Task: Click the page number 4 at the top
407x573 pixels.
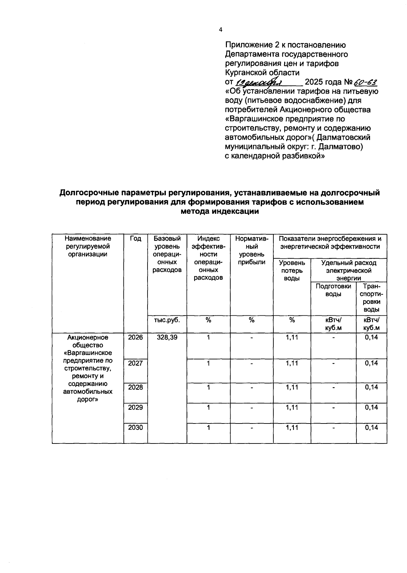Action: (x=220, y=30)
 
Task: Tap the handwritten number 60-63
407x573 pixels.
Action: (x=365, y=82)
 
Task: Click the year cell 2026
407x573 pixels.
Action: (x=135, y=337)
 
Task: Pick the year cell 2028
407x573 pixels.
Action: (x=135, y=387)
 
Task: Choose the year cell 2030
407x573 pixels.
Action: (x=135, y=428)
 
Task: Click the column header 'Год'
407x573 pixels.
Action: (x=135, y=239)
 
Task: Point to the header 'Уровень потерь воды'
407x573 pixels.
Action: (x=292, y=270)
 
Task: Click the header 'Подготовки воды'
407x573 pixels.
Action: (x=333, y=290)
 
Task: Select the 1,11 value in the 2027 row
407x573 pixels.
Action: (x=292, y=363)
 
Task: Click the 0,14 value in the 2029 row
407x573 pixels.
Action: (x=371, y=407)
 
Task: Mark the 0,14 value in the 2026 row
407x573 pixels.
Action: (x=371, y=337)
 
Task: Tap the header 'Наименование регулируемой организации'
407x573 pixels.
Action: (x=88, y=246)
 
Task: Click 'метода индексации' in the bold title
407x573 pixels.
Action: (x=220, y=212)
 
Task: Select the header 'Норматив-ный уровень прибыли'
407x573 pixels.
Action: (x=252, y=250)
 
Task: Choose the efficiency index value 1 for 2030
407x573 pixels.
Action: (x=209, y=428)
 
